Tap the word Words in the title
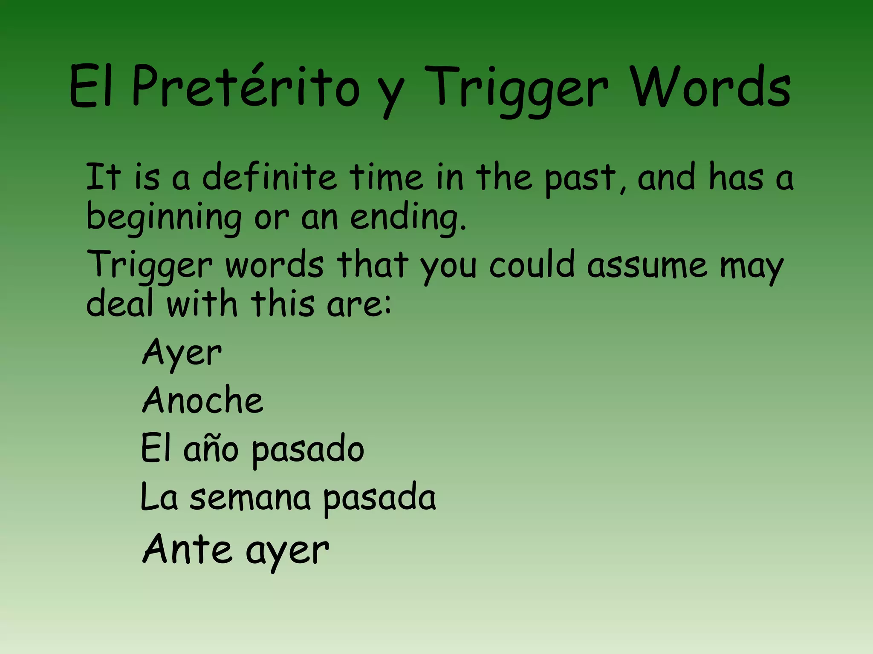(x=711, y=87)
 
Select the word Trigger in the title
(x=517, y=89)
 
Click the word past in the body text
(x=580, y=179)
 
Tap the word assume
(x=647, y=265)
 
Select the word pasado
(x=308, y=450)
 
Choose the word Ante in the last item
(x=187, y=549)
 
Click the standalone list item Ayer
(x=182, y=353)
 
